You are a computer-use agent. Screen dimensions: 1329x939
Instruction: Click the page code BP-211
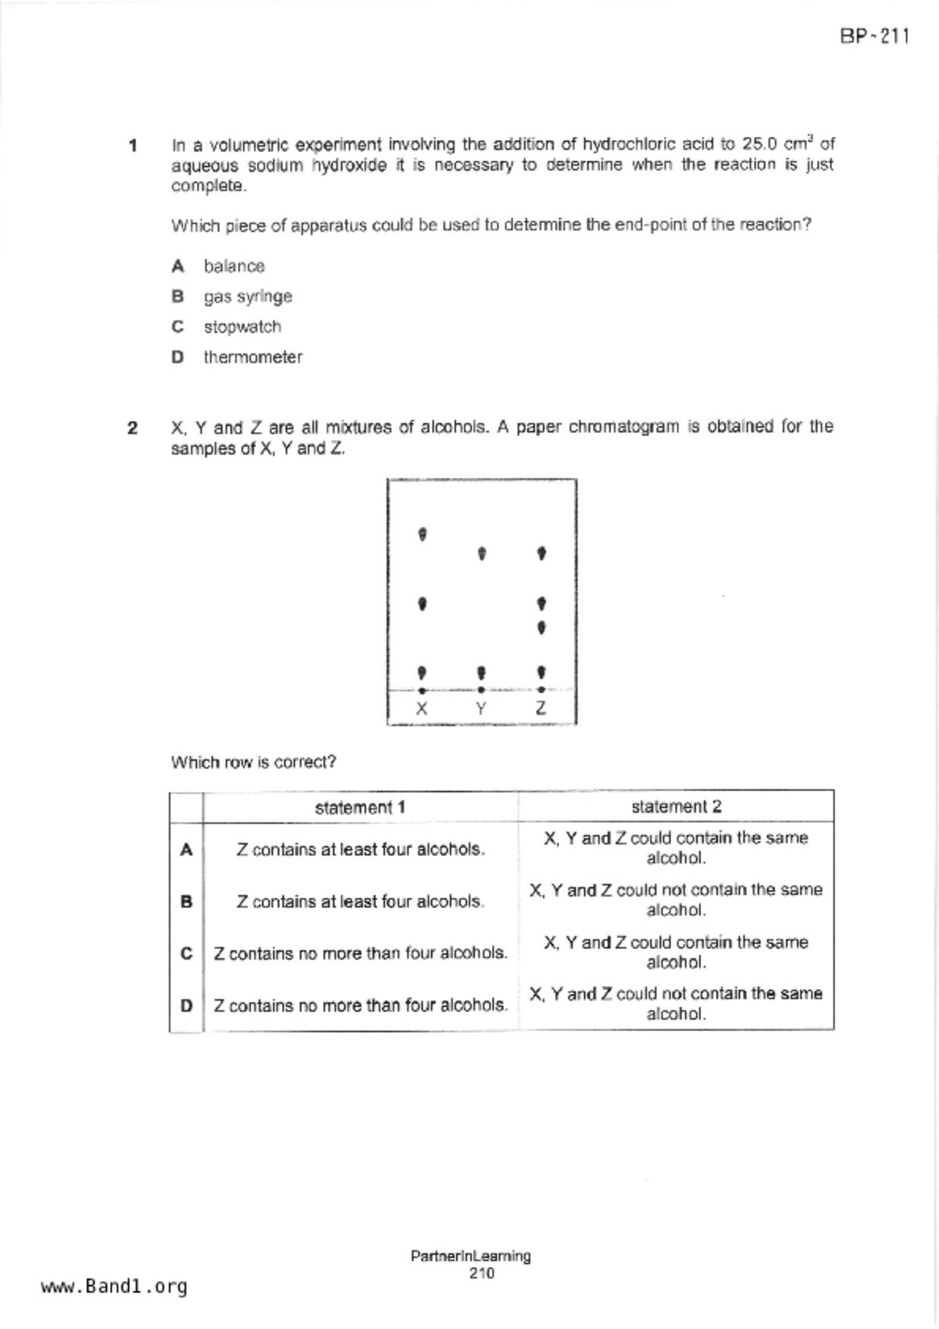click(x=874, y=36)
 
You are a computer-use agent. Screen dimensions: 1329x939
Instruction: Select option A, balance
click(x=233, y=266)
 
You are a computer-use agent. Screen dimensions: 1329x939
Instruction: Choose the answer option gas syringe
click(x=247, y=296)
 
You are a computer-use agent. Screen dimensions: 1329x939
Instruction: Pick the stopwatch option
click(x=242, y=327)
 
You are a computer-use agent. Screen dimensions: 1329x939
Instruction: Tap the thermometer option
click(x=252, y=357)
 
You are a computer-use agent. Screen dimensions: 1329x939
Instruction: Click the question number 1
click(x=133, y=145)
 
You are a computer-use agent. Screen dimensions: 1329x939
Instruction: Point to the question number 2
click(x=133, y=428)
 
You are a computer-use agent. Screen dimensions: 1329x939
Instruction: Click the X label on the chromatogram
click(x=422, y=708)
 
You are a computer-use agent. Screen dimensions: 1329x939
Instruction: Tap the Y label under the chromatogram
click(x=481, y=708)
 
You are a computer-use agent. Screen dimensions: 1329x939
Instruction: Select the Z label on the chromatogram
click(x=540, y=708)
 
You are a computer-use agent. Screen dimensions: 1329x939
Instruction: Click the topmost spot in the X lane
click(x=422, y=534)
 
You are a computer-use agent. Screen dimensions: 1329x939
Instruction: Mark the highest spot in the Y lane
click(x=481, y=554)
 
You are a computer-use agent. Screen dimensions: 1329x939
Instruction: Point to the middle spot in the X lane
click(x=422, y=604)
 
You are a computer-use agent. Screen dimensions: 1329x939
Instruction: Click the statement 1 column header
click(x=360, y=807)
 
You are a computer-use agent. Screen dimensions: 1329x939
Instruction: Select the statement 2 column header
click(x=676, y=807)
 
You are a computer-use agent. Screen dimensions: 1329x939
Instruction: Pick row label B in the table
click(x=186, y=902)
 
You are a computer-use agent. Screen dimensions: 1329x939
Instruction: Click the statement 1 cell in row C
click(x=360, y=953)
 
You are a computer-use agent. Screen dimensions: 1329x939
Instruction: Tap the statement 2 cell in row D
click(x=676, y=1003)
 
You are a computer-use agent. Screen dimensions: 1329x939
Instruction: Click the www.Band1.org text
click(x=114, y=1286)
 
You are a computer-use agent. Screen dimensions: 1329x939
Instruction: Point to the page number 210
click(x=481, y=1273)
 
